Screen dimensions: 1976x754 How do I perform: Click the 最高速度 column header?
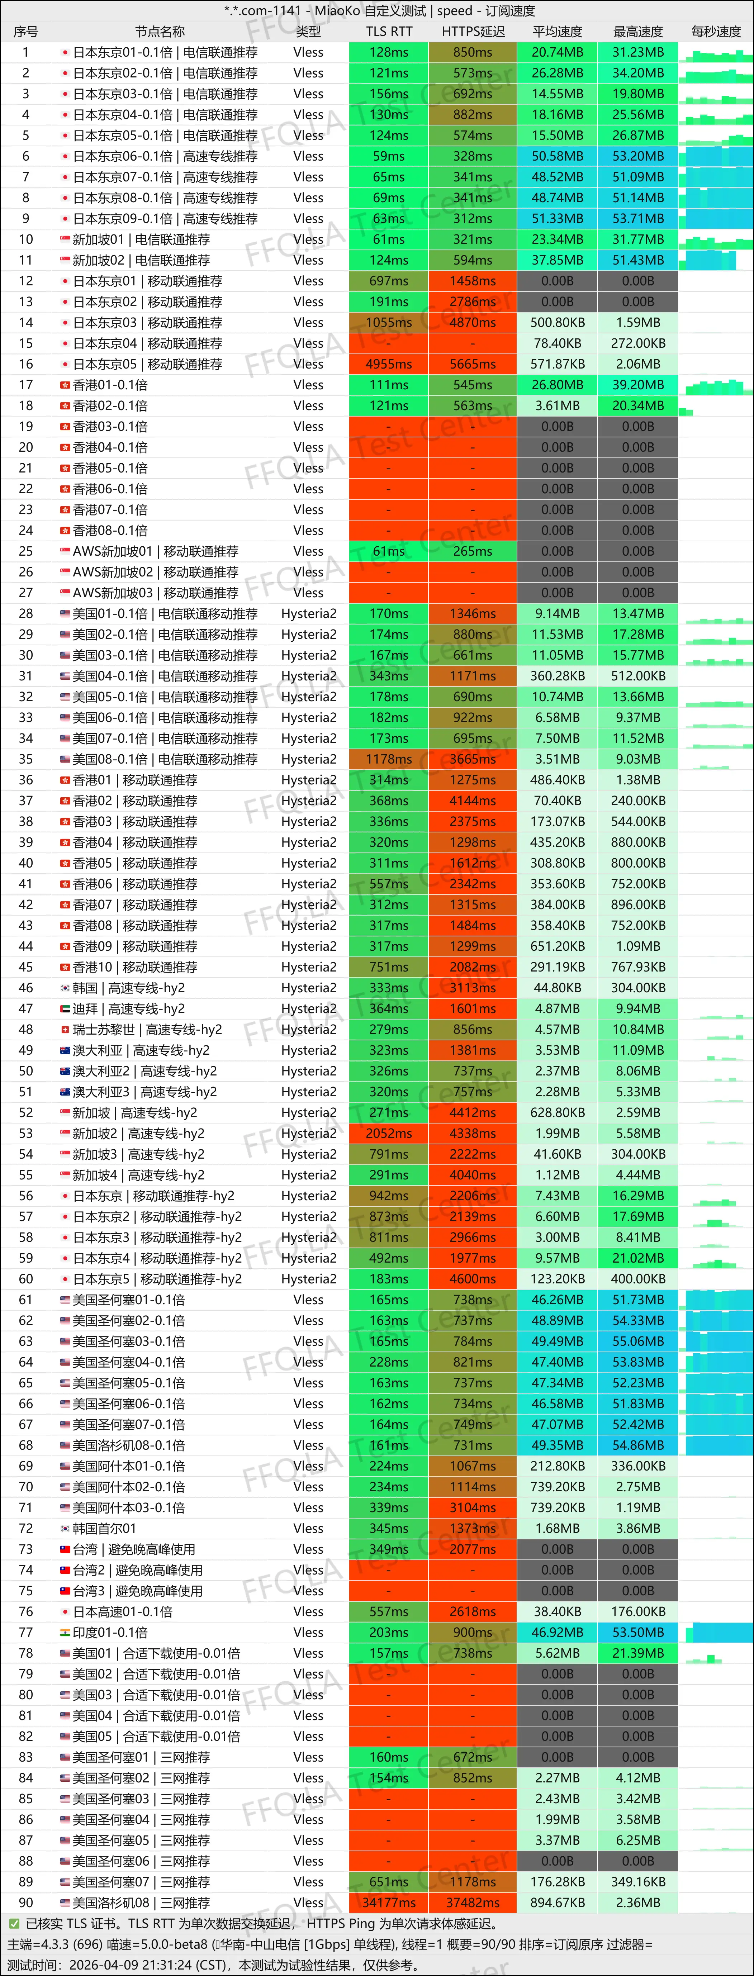click(x=637, y=32)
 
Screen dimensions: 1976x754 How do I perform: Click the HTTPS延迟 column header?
click(x=473, y=32)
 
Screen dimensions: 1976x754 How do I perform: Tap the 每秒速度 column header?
click(x=716, y=32)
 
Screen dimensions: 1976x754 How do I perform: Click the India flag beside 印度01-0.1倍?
click(x=65, y=1632)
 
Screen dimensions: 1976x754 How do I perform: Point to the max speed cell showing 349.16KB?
click(x=637, y=1882)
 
